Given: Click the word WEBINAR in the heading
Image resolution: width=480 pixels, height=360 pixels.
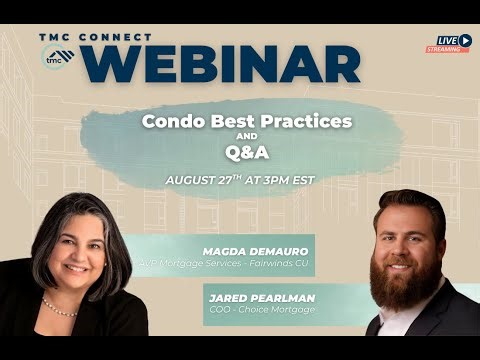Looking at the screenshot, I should click(229, 62).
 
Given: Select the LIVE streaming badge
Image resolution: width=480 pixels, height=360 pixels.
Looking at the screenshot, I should click(453, 43).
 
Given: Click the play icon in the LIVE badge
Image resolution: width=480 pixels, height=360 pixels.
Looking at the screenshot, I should click(466, 40).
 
